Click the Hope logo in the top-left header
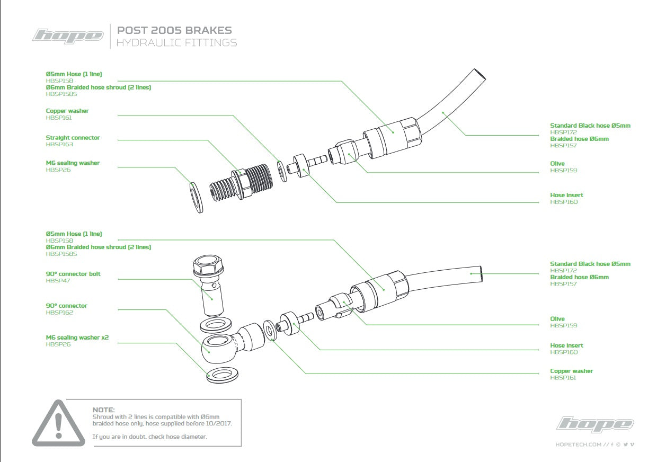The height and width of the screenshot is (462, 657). coord(68,36)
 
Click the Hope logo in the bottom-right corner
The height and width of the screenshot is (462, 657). coord(595,424)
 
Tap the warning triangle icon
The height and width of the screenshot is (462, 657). coord(58,423)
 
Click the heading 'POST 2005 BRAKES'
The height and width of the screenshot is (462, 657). coord(174,31)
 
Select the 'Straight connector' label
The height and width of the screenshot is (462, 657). coord(73,138)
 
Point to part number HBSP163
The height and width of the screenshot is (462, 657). coord(59,144)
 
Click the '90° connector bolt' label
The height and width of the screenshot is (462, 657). coord(73,274)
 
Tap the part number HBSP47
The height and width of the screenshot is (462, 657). coord(58,280)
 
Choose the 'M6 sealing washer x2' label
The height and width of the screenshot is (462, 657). coord(77,337)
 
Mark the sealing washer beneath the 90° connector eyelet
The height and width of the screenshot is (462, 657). coord(222,374)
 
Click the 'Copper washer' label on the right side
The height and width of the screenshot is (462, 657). coord(572,371)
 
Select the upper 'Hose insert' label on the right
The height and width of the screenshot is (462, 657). coord(566,196)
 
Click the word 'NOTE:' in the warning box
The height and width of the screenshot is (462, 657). coord(103,410)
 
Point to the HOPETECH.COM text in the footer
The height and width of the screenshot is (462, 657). coord(578,445)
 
